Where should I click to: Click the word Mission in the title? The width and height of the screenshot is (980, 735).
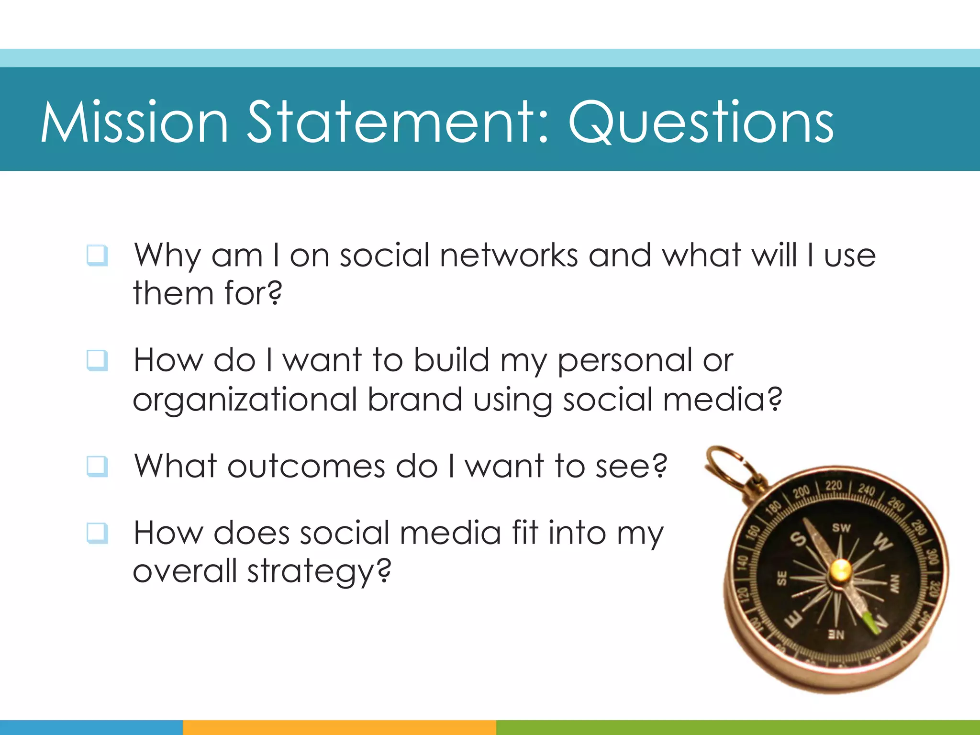pyautogui.click(x=134, y=122)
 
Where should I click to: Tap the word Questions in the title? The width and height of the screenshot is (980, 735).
pyautogui.click(x=701, y=122)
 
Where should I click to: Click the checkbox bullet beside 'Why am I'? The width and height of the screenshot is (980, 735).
pyautogui.click(x=97, y=256)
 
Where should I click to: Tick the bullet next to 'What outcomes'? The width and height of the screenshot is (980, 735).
pyautogui.click(x=97, y=466)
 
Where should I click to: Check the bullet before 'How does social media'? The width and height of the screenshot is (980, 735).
pyautogui.click(x=97, y=533)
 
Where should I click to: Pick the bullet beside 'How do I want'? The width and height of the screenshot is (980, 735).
pyautogui.click(x=97, y=360)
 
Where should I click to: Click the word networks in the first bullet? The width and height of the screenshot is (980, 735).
pyautogui.click(x=509, y=256)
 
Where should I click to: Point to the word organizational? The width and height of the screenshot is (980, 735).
pyautogui.click(x=245, y=400)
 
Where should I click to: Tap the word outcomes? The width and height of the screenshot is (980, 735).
pyautogui.click(x=306, y=466)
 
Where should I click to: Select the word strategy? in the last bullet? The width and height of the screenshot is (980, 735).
pyautogui.click(x=319, y=572)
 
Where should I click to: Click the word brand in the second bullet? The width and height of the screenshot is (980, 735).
pyautogui.click(x=415, y=399)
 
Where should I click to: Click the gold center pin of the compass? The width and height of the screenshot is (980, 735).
pyautogui.click(x=841, y=569)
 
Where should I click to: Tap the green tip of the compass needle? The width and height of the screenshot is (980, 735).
pyautogui.click(x=872, y=624)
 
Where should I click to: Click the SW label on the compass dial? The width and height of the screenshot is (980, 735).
pyautogui.click(x=841, y=528)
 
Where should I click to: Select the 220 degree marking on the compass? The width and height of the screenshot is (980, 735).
pyautogui.click(x=833, y=485)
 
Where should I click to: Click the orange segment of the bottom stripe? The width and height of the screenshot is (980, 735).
pyautogui.click(x=339, y=727)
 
